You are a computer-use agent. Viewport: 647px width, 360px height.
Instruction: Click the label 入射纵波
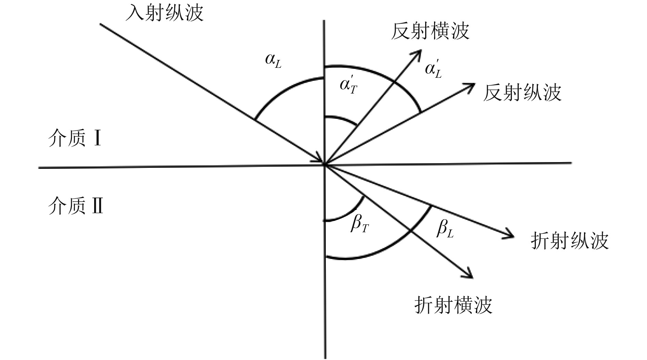pos(164,13)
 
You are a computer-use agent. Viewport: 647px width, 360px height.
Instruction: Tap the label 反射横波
pos(430,31)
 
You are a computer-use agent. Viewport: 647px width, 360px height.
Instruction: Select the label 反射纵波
pos(522,92)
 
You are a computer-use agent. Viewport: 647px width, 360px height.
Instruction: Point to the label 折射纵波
pos(570,240)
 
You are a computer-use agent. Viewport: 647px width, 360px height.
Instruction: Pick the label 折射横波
pos(453,305)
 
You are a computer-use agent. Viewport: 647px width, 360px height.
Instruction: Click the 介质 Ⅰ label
pos(75,138)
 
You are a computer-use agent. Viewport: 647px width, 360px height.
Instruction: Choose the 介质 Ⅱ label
pos(76,206)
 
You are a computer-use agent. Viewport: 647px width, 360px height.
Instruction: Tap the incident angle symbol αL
pos(273,60)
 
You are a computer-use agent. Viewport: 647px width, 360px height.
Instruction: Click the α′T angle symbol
pos(348,85)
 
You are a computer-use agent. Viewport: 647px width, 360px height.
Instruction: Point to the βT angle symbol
pos(359,225)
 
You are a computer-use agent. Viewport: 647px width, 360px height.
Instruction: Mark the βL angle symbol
pos(445,229)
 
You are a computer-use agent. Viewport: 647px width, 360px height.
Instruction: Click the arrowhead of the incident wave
pos(320,160)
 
